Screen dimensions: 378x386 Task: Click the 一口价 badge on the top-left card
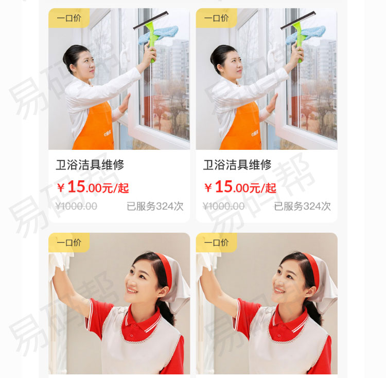pos(69,18)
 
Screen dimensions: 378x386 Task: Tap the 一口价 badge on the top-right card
pos(216,18)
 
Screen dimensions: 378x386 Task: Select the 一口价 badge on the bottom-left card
pos(69,242)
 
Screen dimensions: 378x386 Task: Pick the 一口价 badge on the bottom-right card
pos(216,242)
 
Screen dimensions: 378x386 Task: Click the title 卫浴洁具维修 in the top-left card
pos(90,165)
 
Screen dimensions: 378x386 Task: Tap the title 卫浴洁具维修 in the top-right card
pos(237,165)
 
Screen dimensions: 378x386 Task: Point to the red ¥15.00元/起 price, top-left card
pos(93,187)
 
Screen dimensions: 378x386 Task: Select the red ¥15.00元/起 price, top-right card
pos(240,187)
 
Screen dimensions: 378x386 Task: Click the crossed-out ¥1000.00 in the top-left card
pos(76,207)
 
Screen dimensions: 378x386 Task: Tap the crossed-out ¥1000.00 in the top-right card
pos(223,207)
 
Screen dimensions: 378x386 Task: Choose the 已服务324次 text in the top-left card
pos(155,207)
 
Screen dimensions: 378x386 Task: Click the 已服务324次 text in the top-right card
pos(302,207)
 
